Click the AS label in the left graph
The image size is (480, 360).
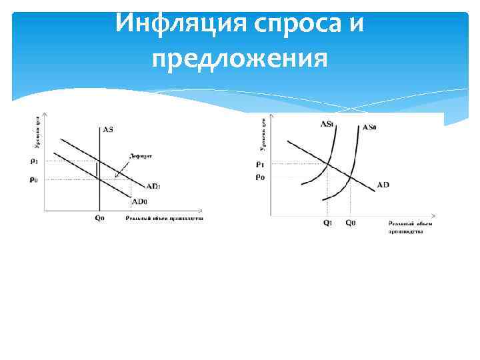tap(107, 129)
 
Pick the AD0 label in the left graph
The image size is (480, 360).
tap(139, 201)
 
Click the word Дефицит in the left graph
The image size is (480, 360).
tap(140, 155)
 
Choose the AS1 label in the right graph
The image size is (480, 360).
tap(327, 124)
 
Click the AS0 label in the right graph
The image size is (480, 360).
tap(369, 127)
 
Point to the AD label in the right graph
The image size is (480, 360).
tap(383, 184)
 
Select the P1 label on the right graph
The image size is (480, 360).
tap(259, 164)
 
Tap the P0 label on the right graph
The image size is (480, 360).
tap(259, 177)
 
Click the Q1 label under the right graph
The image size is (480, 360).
tap(327, 223)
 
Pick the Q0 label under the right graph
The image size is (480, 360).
tap(350, 223)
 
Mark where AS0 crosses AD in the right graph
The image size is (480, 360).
tap(350, 177)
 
